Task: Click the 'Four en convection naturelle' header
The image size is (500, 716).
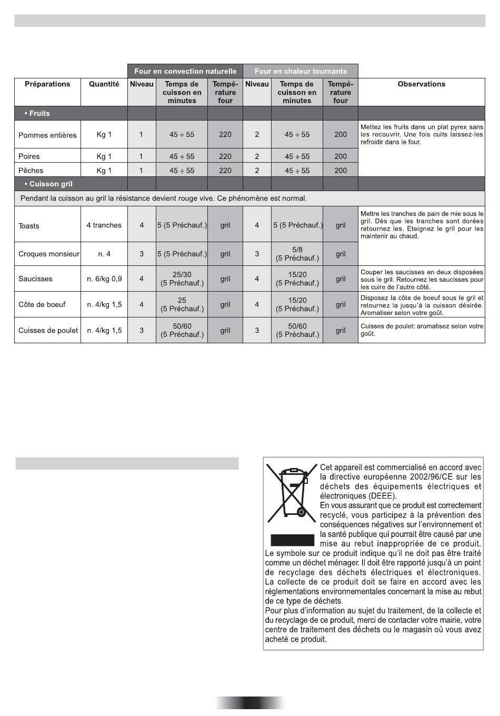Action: [x=185, y=71]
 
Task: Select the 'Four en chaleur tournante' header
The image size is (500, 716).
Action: [x=301, y=71]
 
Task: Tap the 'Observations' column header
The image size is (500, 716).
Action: [x=421, y=84]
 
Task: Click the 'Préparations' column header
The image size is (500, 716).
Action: [x=47, y=84]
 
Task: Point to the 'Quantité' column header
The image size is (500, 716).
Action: [x=104, y=84]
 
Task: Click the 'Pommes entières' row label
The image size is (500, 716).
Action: [x=47, y=135]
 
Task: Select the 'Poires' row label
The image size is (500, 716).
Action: [x=29, y=156]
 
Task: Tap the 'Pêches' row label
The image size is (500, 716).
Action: [x=31, y=171]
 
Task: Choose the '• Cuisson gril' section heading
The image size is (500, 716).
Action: [x=48, y=184]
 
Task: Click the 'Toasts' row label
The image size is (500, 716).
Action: [x=29, y=226]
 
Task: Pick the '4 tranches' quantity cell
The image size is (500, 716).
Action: [x=104, y=225]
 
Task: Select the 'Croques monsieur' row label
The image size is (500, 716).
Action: [x=48, y=254]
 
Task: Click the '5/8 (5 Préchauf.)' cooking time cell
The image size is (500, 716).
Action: [x=297, y=254]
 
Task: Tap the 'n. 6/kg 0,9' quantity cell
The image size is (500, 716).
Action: [x=104, y=279]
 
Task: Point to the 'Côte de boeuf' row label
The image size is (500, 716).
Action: [x=42, y=305]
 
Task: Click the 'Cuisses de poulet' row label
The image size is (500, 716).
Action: [x=48, y=331]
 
